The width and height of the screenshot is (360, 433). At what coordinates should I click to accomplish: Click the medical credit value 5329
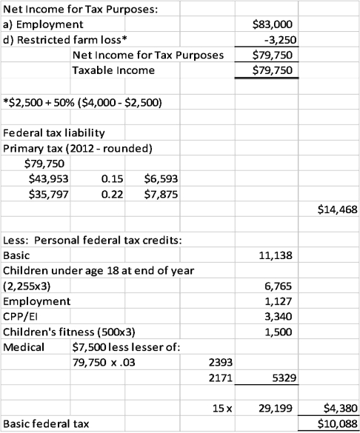click(284, 378)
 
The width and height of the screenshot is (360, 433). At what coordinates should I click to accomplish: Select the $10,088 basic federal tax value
click(334, 424)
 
